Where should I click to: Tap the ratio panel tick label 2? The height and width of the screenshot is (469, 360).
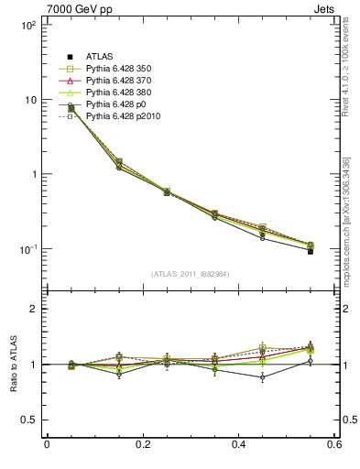coord(33,309)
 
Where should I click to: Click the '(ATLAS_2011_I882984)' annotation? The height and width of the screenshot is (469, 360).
coord(190,274)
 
